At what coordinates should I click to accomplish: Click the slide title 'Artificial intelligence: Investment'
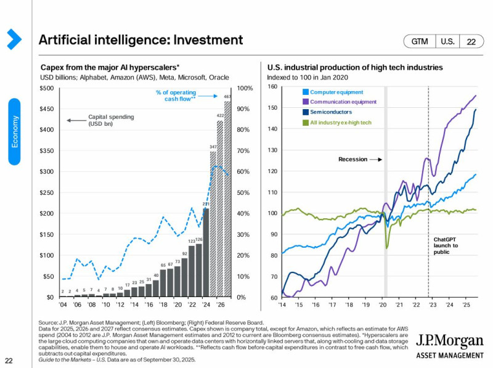(x=141, y=41)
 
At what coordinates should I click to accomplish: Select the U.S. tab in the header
(x=447, y=41)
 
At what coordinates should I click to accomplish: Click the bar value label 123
(x=192, y=241)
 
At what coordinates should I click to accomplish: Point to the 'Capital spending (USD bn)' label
(x=110, y=120)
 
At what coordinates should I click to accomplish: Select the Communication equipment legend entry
(x=343, y=102)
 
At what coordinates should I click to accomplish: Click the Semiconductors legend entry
(x=330, y=112)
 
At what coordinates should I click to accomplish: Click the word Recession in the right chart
(x=352, y=159)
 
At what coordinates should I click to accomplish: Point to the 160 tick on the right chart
(x=272, y=87)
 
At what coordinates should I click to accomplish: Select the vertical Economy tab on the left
(x=15, y=130)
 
